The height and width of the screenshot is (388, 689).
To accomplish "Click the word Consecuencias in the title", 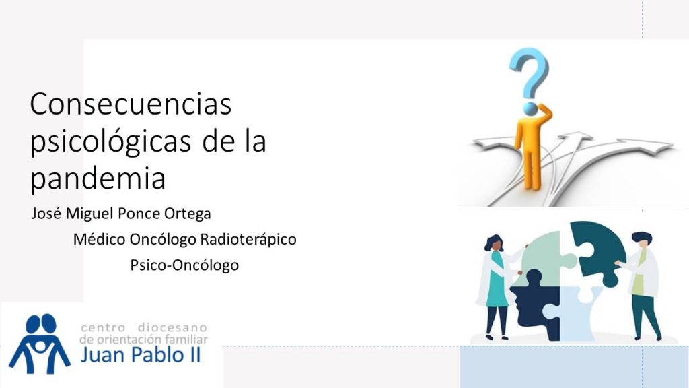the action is [131, 104].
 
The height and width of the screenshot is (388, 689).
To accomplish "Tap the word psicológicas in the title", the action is [110, 141].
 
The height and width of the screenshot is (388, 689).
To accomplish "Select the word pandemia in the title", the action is [98, 178].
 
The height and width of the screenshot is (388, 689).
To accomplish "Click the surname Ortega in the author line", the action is [187, 214].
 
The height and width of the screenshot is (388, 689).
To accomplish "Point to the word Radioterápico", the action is [248, 239].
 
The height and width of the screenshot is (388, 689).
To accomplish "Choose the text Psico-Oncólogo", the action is [184, 265].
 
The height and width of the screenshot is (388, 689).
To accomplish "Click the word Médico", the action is [100, 239].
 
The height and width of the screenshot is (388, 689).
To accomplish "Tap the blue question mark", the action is [529, 73].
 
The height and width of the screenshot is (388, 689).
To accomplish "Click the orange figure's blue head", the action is [531, 108].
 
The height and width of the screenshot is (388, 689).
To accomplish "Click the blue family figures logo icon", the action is [40, 343].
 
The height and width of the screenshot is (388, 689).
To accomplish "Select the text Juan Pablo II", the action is [141, 355].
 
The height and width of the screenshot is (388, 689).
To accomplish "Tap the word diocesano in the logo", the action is [172, 328].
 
